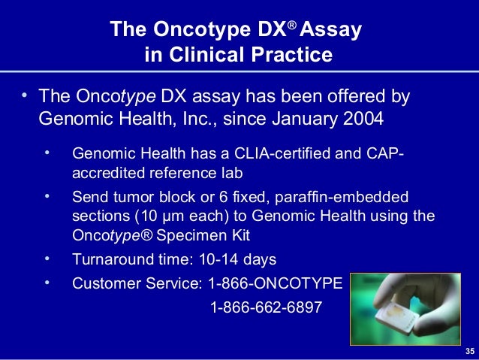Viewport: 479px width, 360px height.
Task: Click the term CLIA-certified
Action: tap(270, 154)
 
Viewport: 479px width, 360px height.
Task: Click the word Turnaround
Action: tap(113, 260)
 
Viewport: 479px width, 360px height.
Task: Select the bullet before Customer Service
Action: tap(47, 282)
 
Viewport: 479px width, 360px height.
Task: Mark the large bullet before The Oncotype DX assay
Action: tap(24, 96)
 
